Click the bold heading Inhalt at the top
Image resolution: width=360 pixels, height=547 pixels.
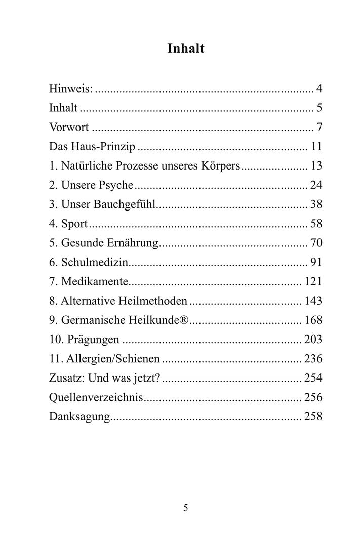185,49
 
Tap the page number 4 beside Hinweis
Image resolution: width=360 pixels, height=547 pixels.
319,89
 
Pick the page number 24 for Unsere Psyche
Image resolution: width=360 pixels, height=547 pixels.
316,185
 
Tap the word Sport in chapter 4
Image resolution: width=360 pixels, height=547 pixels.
74,224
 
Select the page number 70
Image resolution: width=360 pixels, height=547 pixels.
316,243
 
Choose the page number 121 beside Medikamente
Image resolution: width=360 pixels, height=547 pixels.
313,281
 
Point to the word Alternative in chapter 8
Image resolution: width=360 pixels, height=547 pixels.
88,301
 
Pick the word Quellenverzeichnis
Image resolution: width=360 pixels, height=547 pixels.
96,397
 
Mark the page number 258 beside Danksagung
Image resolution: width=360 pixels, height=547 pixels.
313,416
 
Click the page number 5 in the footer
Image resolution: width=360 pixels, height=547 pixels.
185,508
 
